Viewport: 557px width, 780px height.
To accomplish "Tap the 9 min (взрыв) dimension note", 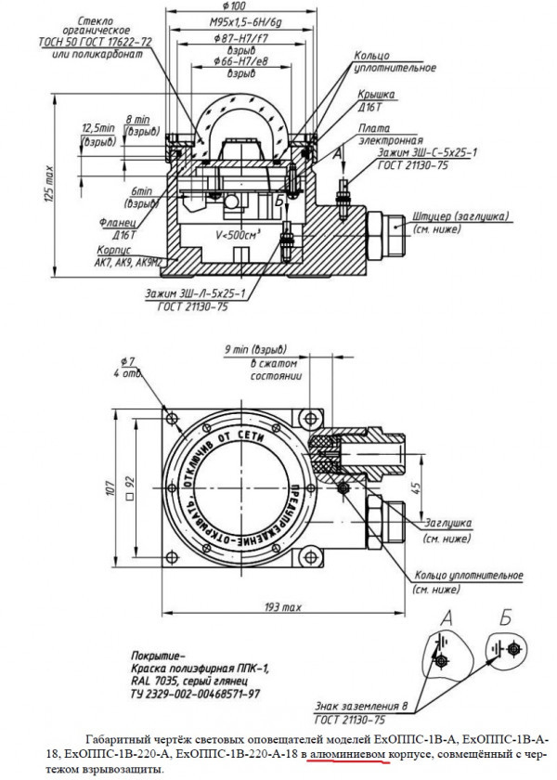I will [x=248, y=350].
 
